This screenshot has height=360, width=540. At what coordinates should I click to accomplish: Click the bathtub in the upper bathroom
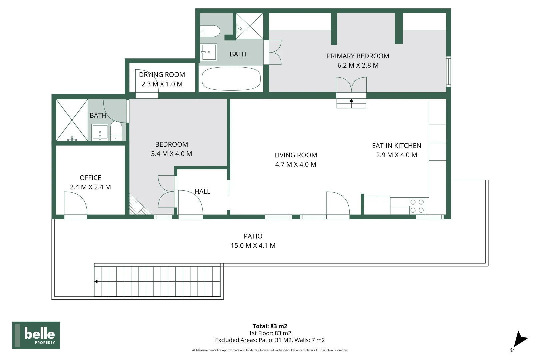(231, 79)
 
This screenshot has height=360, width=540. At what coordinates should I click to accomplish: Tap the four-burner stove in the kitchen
(417, 206)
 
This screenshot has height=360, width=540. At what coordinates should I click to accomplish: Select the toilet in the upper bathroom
(210, 31)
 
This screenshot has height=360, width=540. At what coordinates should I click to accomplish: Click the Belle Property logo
(36, 335)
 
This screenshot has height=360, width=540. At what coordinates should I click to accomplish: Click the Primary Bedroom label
(358, 56)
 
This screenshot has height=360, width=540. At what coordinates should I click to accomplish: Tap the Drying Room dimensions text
(162, 84)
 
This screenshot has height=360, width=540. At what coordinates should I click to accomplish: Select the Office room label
(90, 178)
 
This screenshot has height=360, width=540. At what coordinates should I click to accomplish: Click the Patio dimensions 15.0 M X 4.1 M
(253, 245)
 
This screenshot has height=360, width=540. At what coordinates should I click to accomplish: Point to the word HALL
(203, 191)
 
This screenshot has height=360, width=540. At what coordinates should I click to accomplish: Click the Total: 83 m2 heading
(270, 326)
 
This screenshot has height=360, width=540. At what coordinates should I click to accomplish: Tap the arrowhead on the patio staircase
(96, 281)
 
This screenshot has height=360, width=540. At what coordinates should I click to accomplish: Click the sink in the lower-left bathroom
(100, 132)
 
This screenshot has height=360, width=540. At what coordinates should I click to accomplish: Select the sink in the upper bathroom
(209, 52)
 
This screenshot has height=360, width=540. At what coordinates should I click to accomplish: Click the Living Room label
(296, 155)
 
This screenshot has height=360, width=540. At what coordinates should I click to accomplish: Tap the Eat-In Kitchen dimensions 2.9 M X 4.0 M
(397, 155)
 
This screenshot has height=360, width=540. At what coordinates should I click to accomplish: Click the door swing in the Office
(76, 203)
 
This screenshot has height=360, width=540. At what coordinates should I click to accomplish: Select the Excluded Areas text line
(270, 340)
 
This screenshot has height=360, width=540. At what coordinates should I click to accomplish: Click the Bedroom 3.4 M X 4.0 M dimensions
(172, 154)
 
